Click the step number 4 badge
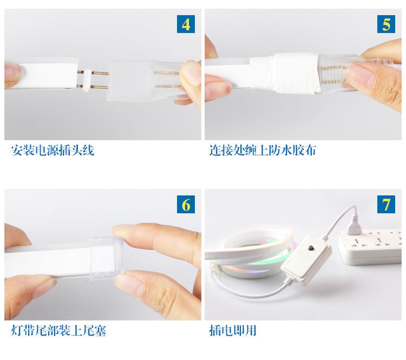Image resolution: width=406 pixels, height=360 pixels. (x=186, y=24)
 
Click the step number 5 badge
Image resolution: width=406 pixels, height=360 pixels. (x=386, y=24)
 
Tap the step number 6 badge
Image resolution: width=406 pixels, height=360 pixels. (x=186, y=204)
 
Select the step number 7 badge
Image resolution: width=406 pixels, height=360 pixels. (x=386, y=204)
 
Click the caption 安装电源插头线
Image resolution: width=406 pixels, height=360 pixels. (x=53, y=150)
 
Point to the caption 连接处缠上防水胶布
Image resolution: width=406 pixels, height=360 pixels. (x=263, y=150)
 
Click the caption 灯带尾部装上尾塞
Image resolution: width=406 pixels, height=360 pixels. (x=58, y=331)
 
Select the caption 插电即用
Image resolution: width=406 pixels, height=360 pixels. (x=233, y=331)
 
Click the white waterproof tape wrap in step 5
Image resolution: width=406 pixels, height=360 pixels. (x=295, y=73)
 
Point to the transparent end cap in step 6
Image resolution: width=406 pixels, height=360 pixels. (x=106, y=259)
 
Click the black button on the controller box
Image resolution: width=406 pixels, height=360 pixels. (x=311, y=249)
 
